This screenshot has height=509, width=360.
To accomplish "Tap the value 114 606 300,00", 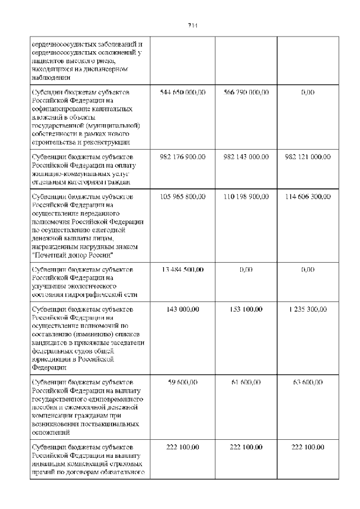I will (308, 196).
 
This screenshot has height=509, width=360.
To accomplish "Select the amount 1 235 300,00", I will (308, 310).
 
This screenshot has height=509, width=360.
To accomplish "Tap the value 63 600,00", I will (308, 382).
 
